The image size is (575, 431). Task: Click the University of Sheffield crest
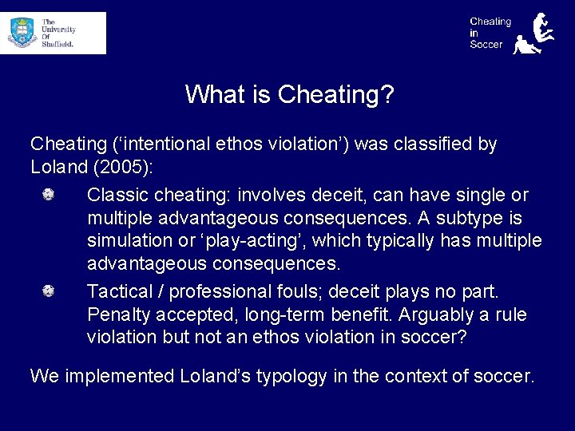pyautogui.click(x=23, y=34)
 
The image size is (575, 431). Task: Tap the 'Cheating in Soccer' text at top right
pyautogui.click(x=490, y=34)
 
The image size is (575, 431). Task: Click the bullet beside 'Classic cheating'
pyautogui.click(x=49, y=195)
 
